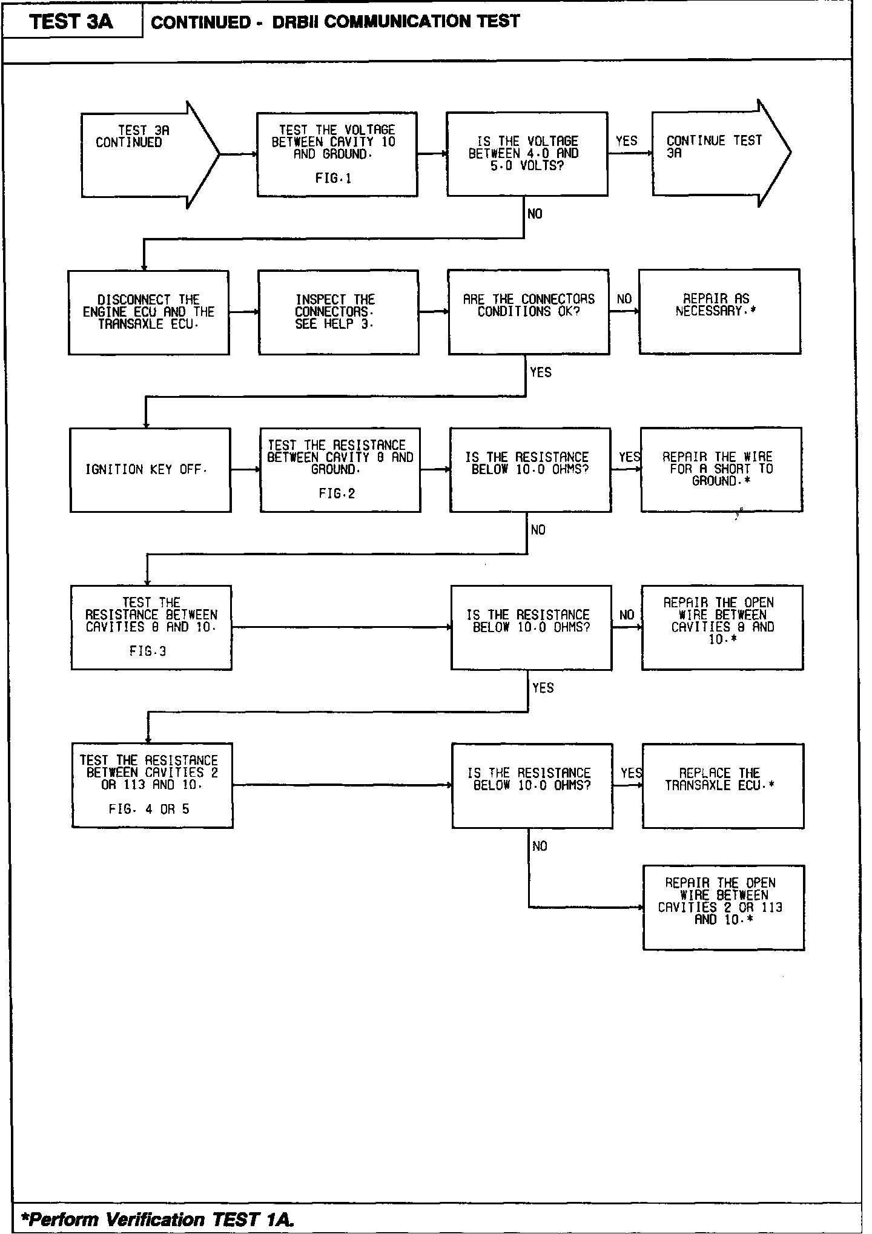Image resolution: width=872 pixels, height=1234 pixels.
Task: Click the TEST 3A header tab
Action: pos(71,22)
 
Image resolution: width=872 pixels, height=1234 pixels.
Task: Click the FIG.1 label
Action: pos(334,179)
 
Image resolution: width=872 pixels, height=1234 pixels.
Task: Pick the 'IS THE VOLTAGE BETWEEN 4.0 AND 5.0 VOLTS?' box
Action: pos(527,154)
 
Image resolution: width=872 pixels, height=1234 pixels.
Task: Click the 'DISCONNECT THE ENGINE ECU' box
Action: pos(148,312)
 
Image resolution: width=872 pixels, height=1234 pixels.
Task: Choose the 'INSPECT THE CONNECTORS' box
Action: pos(338,312)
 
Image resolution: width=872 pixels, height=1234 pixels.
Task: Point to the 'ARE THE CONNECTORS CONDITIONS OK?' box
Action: pos(529,312)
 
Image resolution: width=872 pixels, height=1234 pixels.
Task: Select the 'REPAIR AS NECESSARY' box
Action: pos(719,311)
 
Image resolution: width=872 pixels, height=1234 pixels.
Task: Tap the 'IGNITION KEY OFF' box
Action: pos(150,470)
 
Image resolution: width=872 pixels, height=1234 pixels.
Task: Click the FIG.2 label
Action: pos(337,494)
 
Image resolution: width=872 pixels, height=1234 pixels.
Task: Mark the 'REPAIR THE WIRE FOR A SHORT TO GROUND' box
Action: pos(721,469)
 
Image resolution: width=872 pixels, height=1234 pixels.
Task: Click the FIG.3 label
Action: pos(148,652)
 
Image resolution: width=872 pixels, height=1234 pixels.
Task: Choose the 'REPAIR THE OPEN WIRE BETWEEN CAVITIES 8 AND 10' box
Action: pos(722,627)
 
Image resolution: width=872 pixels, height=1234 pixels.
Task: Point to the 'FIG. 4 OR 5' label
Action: pos(149,810)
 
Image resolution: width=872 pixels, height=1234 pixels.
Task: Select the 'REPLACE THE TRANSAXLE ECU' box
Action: pos(723,785)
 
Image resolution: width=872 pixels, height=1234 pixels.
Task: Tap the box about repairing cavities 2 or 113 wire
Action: pos(723,907)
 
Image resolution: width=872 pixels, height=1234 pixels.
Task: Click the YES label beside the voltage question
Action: pos(627,141)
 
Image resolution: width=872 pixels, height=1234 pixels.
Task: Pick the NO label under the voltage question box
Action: pos(535,214)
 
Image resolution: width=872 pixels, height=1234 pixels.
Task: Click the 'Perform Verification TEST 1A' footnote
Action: pos(157,1218)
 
